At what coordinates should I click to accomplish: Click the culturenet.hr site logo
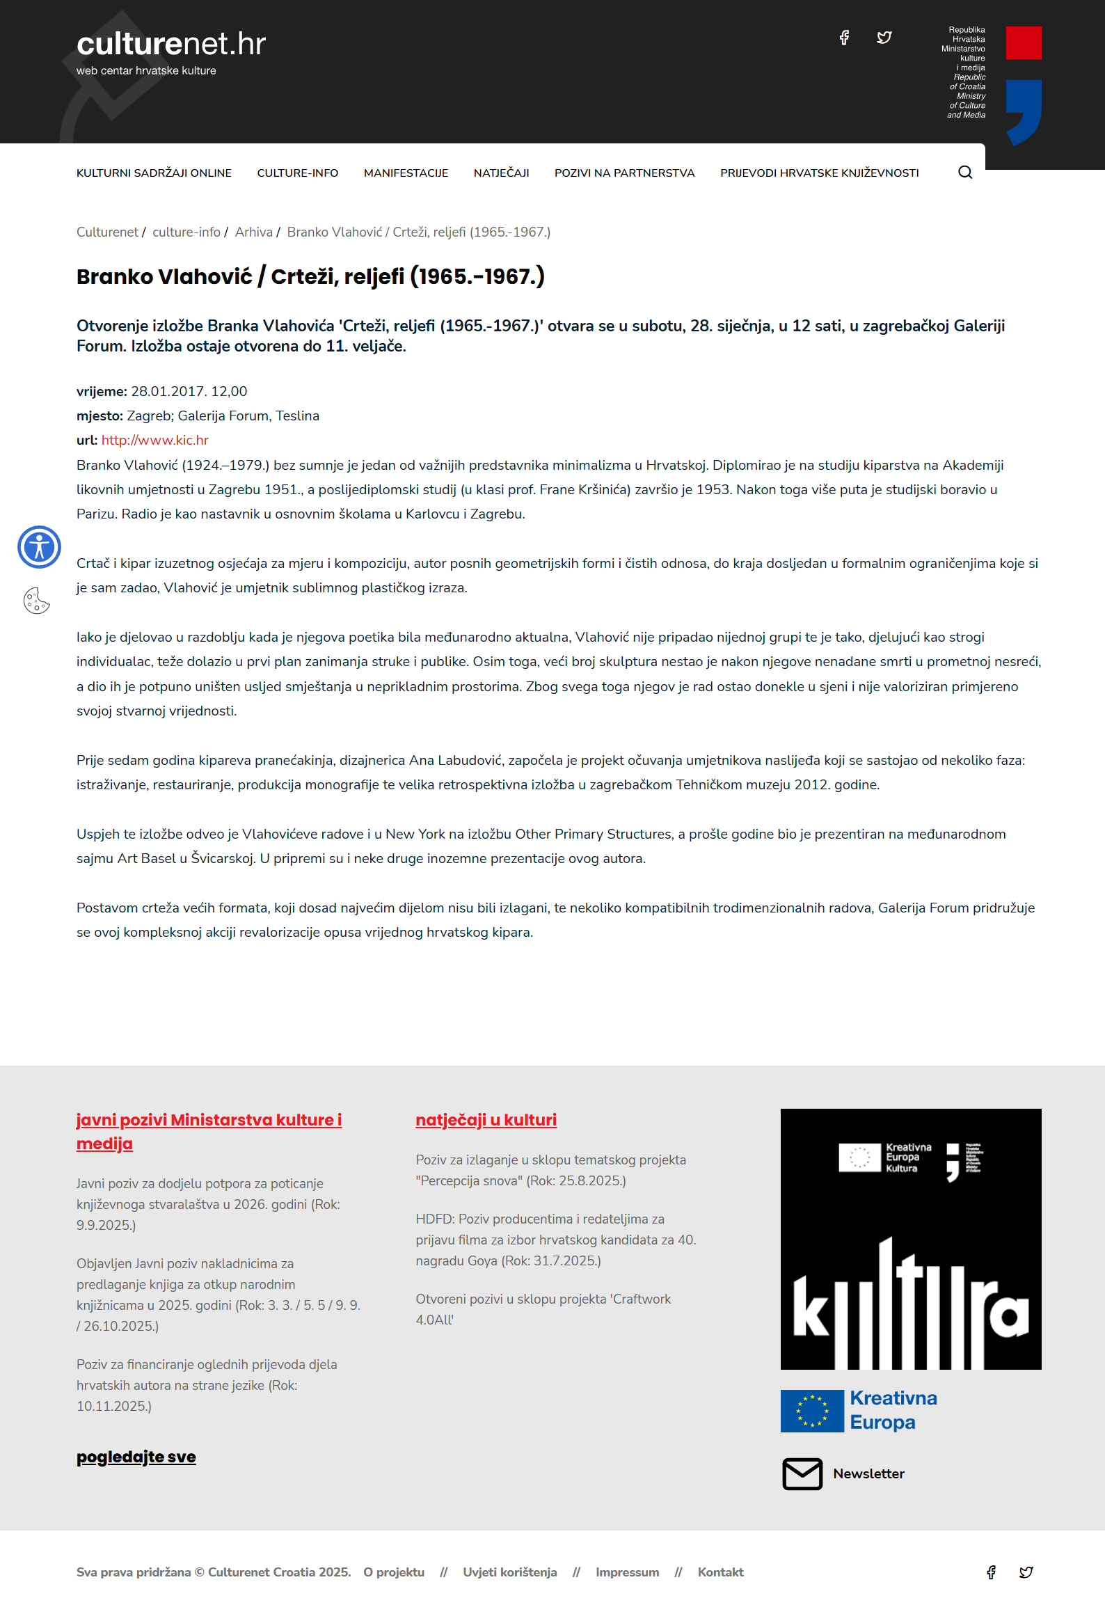click(x=170, y=44)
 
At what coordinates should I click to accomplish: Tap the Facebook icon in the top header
click(x=844, y=38)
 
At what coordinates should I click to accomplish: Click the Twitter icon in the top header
click(x=884, y=38)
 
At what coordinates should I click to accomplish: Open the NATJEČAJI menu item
click(x=501, y=173)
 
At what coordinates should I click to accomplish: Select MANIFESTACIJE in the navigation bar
click(x=406, y=173)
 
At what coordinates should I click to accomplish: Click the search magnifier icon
click(x=965, y=173)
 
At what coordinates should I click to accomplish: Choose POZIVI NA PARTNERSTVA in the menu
click(x=624, y=173)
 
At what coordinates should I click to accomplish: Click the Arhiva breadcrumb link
click(x=253, y=232)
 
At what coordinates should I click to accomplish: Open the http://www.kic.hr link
click(x=155, y=440)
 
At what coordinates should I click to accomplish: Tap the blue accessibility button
click(x=39, y=547)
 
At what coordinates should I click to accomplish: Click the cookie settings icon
click(x=37, y=601)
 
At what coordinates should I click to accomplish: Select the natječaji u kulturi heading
click(x=486, y=1120)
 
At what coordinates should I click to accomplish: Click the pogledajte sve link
click(x=136, y=1457)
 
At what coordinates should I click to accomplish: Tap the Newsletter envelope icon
click(x=802, y=1473)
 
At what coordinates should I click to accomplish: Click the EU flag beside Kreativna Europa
click(x=811, y=1411)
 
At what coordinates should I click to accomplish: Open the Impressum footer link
click(x=627, y=1572)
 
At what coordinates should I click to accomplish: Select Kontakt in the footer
click(x=720, y=1572)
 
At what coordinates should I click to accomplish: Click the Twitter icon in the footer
click(x=1026, y=1572)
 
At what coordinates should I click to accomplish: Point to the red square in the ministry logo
click(x=1024, y=43)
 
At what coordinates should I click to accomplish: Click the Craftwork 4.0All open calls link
click(x=543, y=1309)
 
